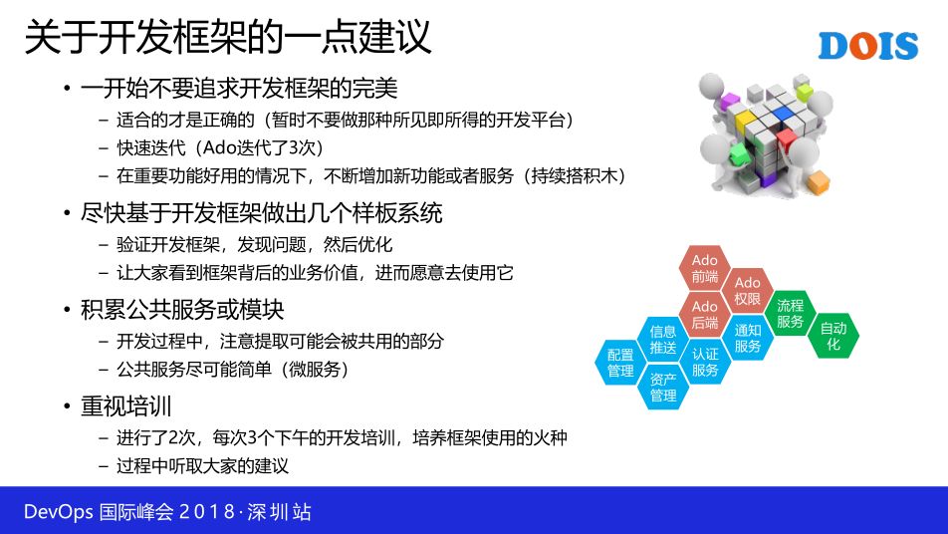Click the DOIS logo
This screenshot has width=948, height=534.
tap(868, 46)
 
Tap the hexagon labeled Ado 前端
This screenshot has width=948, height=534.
tap(705, 269)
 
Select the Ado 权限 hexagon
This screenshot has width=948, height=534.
tap(747, 291)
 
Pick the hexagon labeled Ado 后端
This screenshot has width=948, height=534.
tap(705, 315)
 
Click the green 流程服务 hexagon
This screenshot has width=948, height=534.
tap(791, 313)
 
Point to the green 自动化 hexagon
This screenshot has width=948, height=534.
tap(833, 336)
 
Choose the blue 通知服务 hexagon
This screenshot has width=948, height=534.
tap(747, 338)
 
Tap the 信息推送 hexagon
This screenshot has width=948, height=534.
tap(663, 340)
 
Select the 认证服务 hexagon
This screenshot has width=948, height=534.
tap(705, 362)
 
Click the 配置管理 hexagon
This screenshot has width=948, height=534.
tap(620, 363)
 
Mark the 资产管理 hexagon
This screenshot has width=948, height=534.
tap(663, 387)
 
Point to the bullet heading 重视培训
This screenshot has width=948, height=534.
tap(126, 405)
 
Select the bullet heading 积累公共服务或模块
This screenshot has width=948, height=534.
tap(182, 310)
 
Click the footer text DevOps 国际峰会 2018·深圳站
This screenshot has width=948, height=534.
tap(167, 512)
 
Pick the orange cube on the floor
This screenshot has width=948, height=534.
tap(818, 182)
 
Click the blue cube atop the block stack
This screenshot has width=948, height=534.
tap(783, 113)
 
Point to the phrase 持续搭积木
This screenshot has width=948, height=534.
tap(575, 176)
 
